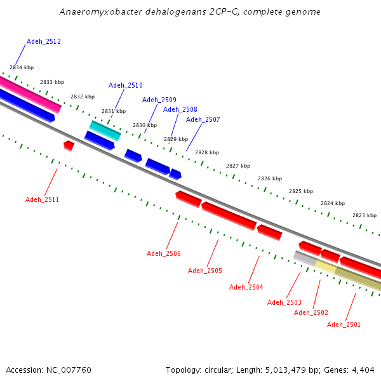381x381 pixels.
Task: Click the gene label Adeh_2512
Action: tap(44, 41)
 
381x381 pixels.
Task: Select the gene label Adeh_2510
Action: tap(126, 85)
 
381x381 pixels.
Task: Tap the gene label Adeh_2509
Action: tap(159, 100)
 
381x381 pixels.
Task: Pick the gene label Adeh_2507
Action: tap(203, 119)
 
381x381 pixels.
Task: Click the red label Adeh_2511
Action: tap(43, 199)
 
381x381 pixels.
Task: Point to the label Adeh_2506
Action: tap(164, 253)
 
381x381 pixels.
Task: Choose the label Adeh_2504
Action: tap(246, 287)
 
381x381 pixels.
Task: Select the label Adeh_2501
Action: tap(344, 324)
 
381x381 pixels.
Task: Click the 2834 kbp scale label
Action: tap(22, 67)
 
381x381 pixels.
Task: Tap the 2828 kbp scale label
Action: tap(207, 152)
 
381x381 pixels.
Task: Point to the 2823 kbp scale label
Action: tap(364, 215)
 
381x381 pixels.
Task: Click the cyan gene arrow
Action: tap(105, 130)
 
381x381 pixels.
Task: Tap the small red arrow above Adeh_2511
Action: tap(69, 145)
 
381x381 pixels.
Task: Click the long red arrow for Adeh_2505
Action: tap(229, 215)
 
